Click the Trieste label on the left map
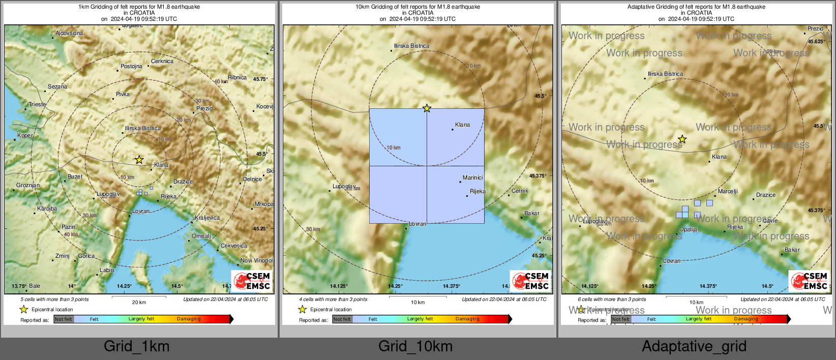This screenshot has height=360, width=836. [37, 104]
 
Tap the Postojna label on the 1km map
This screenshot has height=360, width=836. [131, 67]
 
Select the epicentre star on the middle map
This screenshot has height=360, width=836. [427, 108]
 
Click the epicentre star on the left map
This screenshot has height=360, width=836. [139, 160]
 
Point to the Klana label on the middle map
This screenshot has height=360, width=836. [462, 125]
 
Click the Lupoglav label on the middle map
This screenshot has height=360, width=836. [344, 186]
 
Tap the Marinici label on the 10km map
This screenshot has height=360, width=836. [472, 177]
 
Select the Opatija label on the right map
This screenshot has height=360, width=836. [688, 229]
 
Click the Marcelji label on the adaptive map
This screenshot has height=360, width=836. [727, 191]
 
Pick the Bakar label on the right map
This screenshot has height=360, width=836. [792, 250]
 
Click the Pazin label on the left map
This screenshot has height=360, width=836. [68, 227]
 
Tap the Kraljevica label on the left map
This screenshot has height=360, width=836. [207, 218]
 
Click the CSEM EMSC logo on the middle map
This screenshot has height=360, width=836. [530, 281]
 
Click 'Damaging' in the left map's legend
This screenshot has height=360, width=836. [189, 319]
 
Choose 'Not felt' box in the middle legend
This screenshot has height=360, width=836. [342, 319]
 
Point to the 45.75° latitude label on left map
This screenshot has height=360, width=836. [260, 79]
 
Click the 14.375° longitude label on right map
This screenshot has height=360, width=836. [708, 286]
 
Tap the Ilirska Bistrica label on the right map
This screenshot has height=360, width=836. [665, 74]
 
